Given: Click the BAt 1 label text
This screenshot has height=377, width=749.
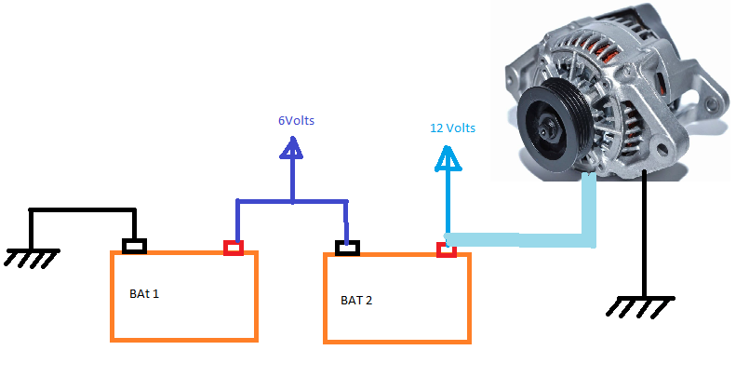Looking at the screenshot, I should pyautogui.click(x=143, y=294).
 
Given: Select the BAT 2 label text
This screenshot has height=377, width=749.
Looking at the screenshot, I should pyautogui.click(x=358, y=301).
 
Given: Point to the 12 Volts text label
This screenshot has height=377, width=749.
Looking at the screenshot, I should pyautogui.click(x=452, y=128).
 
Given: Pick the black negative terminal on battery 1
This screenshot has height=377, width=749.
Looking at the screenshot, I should pyautogui.click(x=136, y=247).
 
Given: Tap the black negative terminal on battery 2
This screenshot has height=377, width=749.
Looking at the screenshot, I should pyautogui.click(x=347, y=248).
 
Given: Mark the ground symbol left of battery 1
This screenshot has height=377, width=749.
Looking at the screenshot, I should pyautogui.click(x=32, y=256).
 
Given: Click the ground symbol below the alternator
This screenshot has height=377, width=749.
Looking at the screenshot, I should pyautogui.click(x=642, y=304).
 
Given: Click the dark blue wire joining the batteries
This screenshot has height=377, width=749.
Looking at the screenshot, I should pyautogui.click(x=292, y=201).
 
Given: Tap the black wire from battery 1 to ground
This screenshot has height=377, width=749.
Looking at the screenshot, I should pyautogui.click(x=84, y=211).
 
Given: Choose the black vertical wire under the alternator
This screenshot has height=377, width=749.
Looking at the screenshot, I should pyautogui.click(x=643, y=233).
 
